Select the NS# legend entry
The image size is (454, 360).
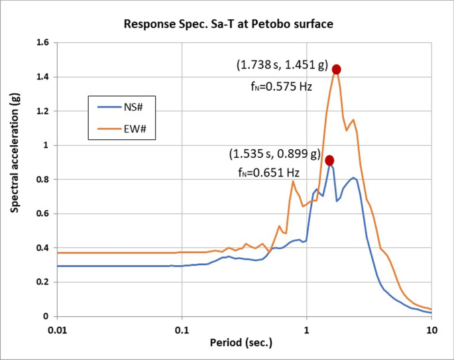click(126, 106)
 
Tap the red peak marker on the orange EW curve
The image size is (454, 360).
click(336, 70)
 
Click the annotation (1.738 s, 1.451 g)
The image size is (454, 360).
click(282, 66)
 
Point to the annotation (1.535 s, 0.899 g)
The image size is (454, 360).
click(274, 154)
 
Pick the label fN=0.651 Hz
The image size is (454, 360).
click(268, 173)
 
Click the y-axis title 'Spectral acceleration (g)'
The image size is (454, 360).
click(15, 153)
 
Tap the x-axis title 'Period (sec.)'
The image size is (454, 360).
click(243, 343)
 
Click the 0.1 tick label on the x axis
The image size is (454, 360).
click(182, 328)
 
